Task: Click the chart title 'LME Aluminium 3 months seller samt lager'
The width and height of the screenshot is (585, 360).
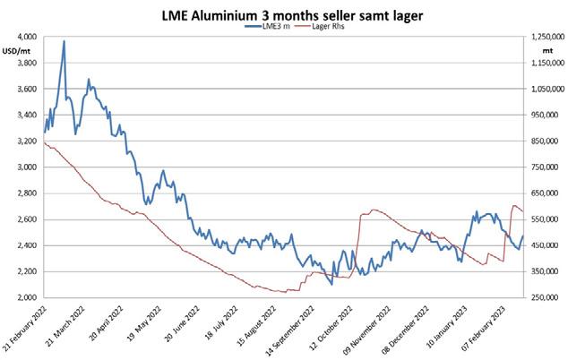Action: point(292,15)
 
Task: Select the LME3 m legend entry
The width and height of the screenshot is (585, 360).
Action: point(267,26)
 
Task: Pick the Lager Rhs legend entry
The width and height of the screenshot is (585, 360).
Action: point(319,26)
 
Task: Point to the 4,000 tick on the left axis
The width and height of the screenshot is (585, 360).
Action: point(27,37)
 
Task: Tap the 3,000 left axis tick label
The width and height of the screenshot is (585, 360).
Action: point(27,167)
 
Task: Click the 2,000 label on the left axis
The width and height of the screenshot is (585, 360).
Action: point(27,297)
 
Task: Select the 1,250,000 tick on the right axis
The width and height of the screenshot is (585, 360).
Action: point(548,37)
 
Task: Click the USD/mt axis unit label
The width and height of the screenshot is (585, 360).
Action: point(16,51)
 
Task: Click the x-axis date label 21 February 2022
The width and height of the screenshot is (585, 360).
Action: point(25,328)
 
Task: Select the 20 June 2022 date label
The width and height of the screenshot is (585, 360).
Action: point(182,324)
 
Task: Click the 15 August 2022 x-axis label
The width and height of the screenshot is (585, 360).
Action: point(256,326)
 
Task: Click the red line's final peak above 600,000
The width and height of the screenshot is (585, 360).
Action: point(514,205)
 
